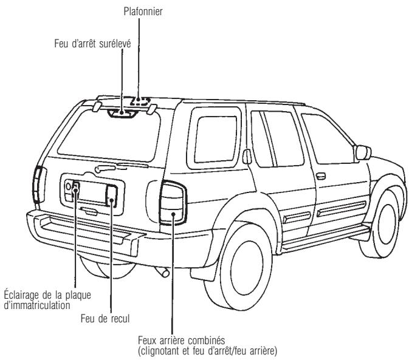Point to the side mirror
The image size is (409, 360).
(363, 152)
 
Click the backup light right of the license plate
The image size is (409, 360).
(112, 195)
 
